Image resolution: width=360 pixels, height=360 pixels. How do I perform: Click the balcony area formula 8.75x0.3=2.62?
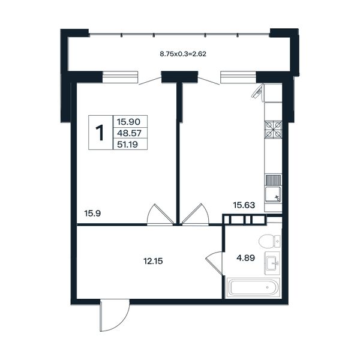[x=183, y=54]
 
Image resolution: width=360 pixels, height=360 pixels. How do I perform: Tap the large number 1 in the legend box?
[x=100, y=133]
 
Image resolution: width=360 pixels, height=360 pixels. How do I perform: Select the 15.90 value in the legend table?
[x=128, y=122]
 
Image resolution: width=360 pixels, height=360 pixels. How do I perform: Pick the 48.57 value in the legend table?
[x=129, y=133]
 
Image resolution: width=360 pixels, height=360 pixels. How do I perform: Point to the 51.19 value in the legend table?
[x=127, y=145]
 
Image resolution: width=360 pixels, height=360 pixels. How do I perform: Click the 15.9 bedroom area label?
[x=92, y=214]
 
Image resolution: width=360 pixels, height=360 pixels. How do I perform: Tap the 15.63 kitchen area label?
[x=244, y=205]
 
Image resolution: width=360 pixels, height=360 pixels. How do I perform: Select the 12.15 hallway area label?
[x=153, y=261]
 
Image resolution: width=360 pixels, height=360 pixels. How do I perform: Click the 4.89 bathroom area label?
[x=245, y=258]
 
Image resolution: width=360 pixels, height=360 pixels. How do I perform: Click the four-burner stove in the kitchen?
[x=273, y=130]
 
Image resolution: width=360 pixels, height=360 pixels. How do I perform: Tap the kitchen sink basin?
[x=273, y=194]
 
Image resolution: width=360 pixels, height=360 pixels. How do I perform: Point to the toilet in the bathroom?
[x=269, y=241]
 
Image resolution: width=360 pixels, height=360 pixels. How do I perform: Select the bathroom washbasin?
[x=272, y=263]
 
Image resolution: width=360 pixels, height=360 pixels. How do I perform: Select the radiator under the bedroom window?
[x=120, y=77]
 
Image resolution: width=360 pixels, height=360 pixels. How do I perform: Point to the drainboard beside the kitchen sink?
[x=273, y=180]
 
